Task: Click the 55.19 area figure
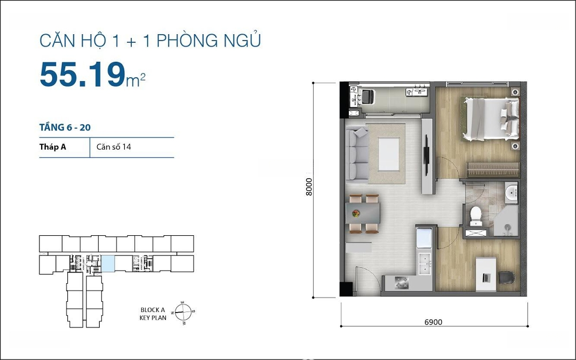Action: point(82,75)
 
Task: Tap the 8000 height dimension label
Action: point(309,187)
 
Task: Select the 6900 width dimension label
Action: point(434,322)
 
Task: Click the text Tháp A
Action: point(52,147)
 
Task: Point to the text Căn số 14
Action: point(114,147)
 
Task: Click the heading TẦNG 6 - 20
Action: point(65,127)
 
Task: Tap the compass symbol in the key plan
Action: point(183,312)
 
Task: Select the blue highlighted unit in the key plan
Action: point(108,264)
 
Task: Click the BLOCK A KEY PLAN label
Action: point(153,314)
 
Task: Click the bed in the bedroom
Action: point(492,118)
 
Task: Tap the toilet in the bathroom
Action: point(476,215)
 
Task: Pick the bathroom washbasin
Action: point(511,193)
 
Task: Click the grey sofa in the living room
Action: point(357,154)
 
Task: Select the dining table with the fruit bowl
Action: point(363,213)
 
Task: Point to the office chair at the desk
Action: point(507,277)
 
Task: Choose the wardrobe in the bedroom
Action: point(493,170)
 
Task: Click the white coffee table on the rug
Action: point(389,154)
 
